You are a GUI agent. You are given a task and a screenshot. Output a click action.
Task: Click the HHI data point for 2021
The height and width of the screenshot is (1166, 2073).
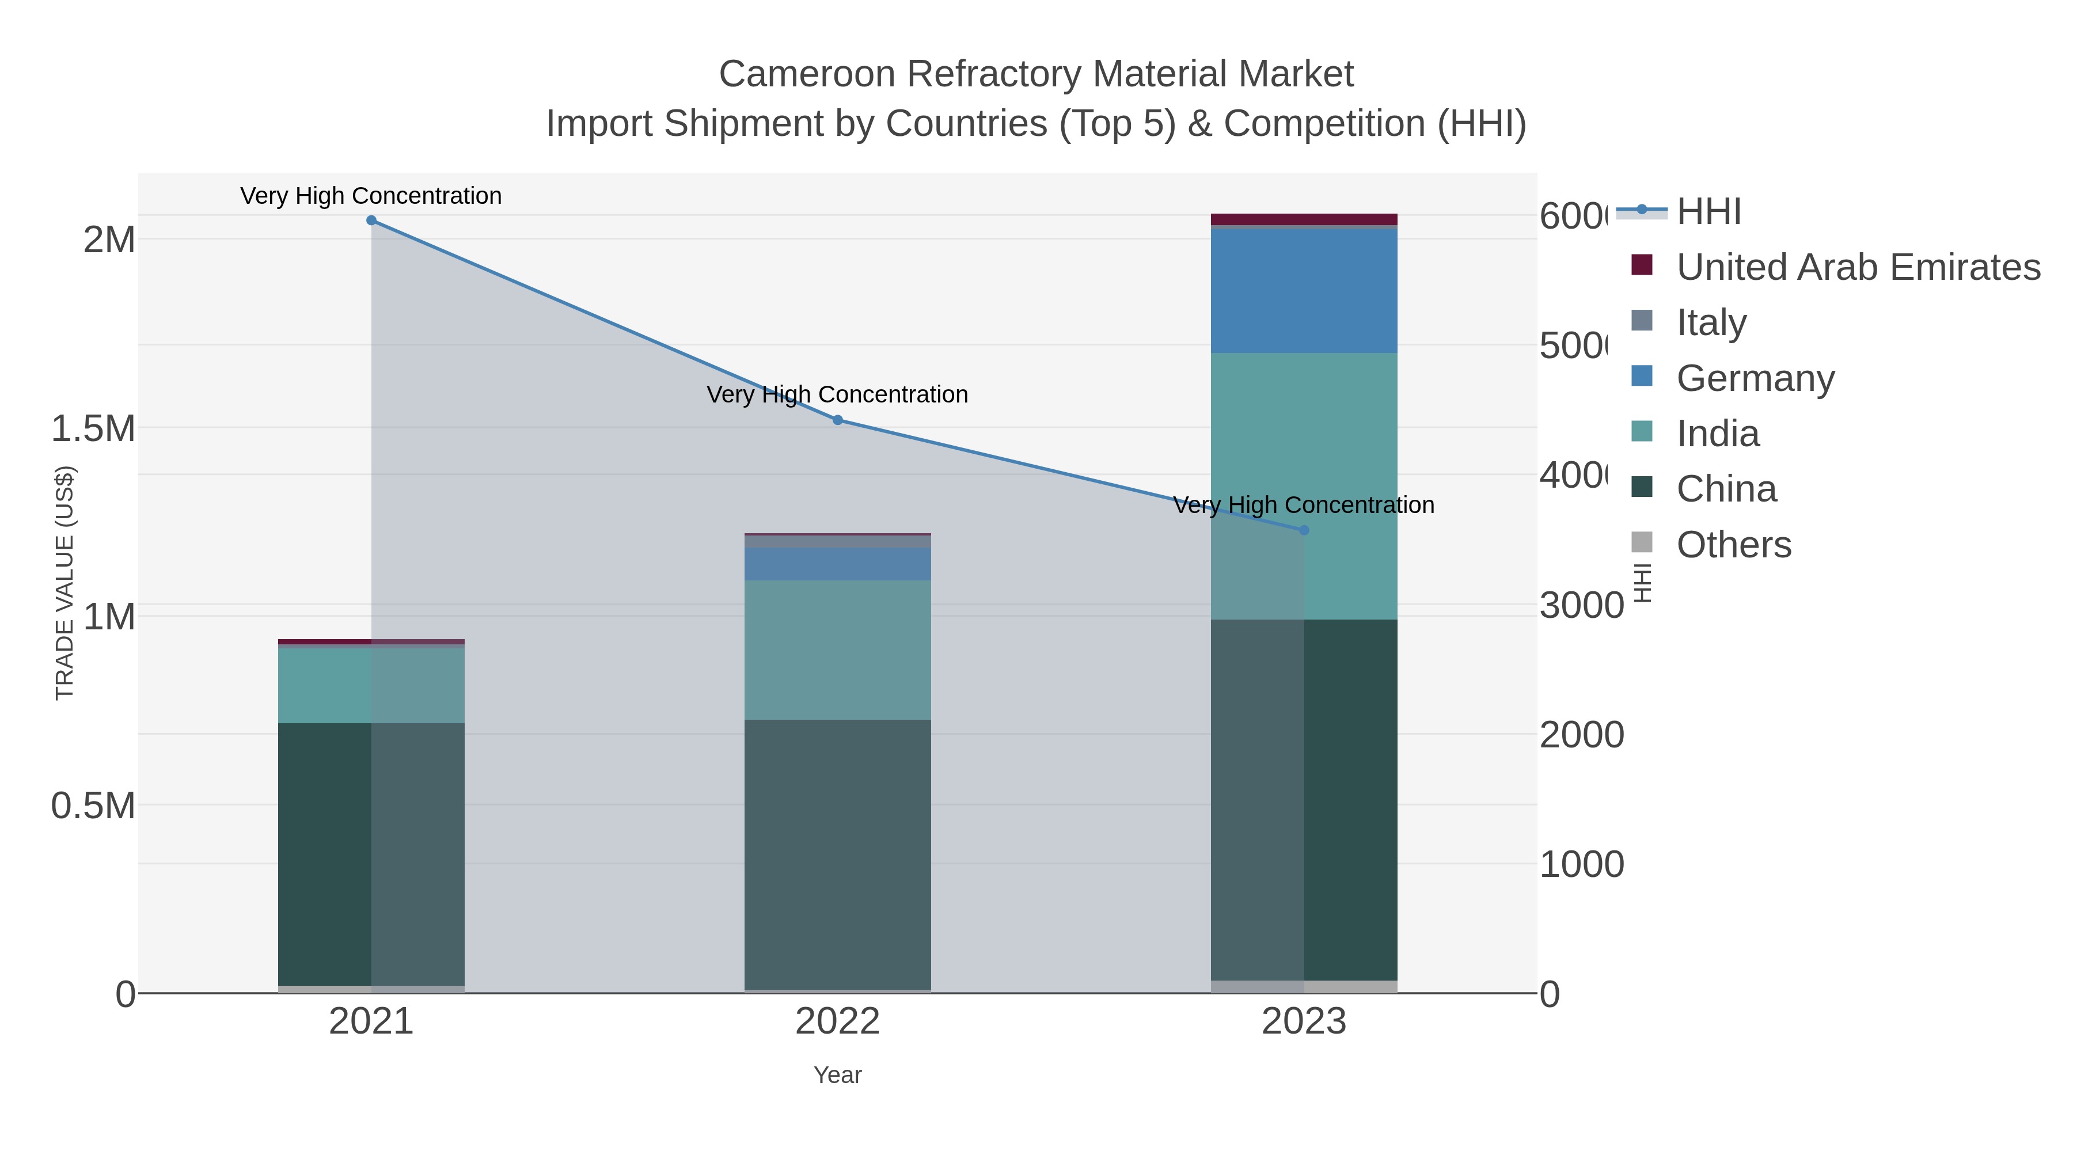[371, 221]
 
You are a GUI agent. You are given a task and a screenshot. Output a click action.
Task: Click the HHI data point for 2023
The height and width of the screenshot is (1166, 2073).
[1304, 530]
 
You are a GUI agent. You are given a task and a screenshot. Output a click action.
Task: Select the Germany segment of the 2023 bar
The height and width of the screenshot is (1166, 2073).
[1304, 291]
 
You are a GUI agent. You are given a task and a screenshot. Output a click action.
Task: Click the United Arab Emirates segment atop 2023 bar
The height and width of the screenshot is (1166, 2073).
[1304, 219]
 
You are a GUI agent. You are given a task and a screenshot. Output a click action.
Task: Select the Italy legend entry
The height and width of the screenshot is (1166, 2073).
[1711, 322]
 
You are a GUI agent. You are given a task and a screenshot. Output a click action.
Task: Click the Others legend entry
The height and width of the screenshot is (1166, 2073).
[1733, 545]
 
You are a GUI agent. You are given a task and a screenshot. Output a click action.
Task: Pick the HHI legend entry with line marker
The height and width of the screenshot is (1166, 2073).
[1708, 212]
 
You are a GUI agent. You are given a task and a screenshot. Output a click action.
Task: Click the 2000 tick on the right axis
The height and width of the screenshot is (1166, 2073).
[1581, 735]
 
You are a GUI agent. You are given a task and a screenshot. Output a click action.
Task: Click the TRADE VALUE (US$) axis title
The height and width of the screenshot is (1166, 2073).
[64, 583]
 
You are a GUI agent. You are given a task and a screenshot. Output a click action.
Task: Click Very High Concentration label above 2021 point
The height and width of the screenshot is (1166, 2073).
[371, 196]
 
